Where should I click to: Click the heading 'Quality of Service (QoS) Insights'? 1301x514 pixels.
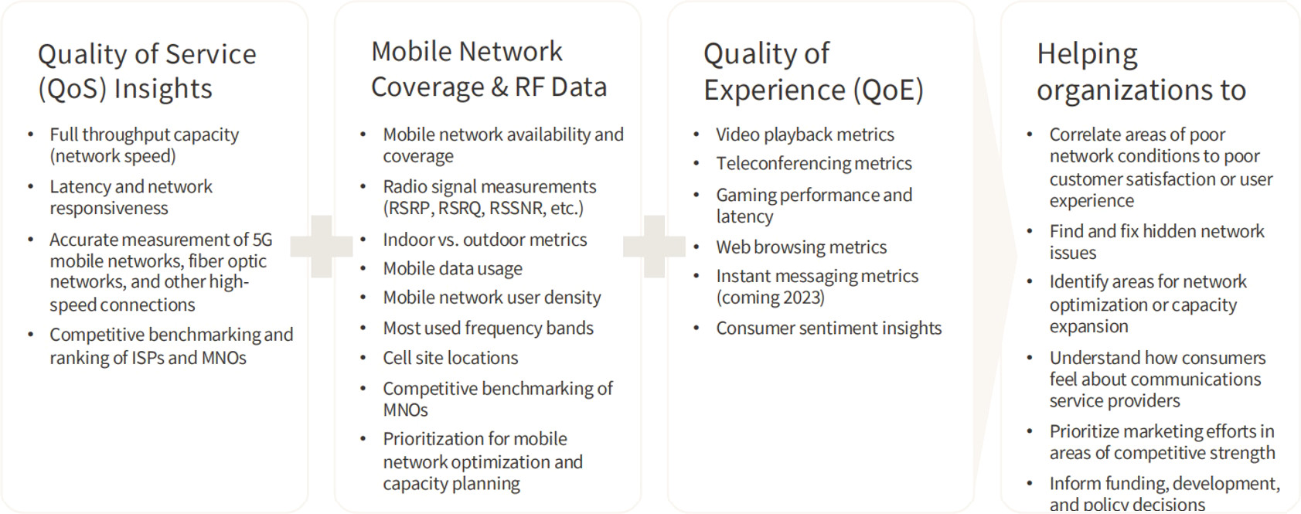click(147, 71)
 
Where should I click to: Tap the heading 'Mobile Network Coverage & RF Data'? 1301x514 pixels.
click(489, 69)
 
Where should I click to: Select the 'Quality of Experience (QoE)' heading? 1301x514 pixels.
click(814, 72)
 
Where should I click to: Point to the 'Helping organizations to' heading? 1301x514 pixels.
click(1142, 72)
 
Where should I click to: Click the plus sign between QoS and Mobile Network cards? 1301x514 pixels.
click(321, 247)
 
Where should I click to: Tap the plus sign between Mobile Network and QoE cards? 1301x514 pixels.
click(654, 247)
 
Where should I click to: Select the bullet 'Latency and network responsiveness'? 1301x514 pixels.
click(131, 197)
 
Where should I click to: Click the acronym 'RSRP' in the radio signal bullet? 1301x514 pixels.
click(409, 208)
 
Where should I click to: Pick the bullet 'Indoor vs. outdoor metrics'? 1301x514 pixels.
click(485, 240)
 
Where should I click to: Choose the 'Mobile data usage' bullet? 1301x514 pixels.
click(452, 268)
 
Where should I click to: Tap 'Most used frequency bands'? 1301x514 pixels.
click(488, 328)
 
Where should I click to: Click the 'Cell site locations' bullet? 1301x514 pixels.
click(450, 358)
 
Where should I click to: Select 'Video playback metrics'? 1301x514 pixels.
click(805, 134)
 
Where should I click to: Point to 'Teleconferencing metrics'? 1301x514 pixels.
click(814, 164)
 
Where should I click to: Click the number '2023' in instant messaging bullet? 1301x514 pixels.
click(801, 298)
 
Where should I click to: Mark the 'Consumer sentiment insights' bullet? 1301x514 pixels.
click(829, 328)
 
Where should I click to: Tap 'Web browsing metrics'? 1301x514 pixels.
click(802, 247)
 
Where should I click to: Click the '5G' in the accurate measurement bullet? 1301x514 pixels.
click(262, 240)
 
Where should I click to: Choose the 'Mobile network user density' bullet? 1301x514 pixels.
click(492, 298)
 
